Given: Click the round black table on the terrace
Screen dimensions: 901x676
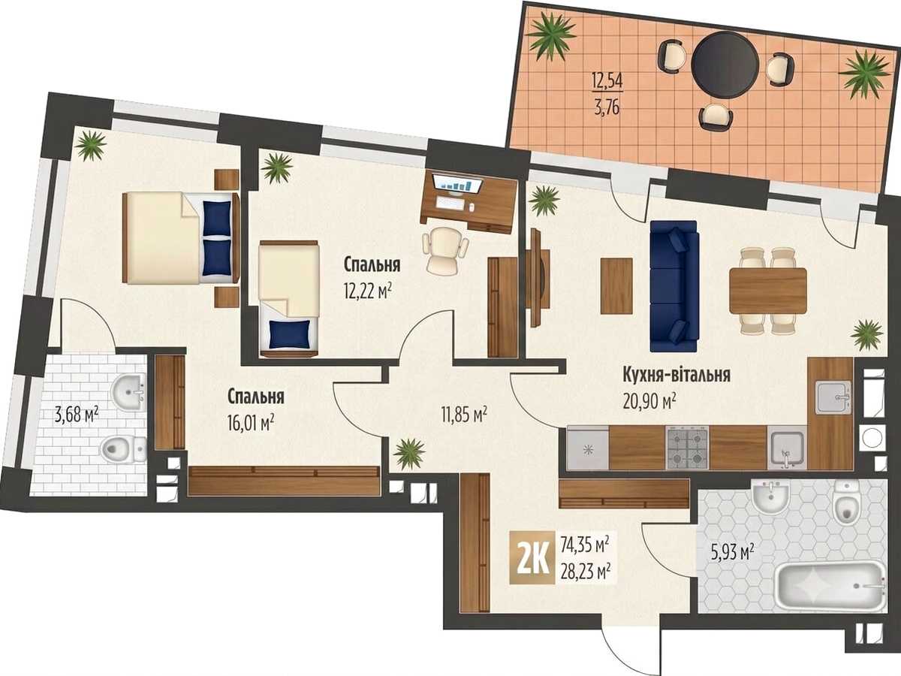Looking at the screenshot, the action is pyautogui.click(x=725, y=65).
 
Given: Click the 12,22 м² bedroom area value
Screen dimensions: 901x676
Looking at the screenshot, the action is pyautogui.click(x=367, y=292).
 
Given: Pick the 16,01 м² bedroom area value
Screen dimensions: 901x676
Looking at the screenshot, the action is pyautogui.click(x=251, y=423).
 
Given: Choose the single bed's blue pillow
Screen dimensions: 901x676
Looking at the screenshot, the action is pyautogui.click(x=289, y=333).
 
